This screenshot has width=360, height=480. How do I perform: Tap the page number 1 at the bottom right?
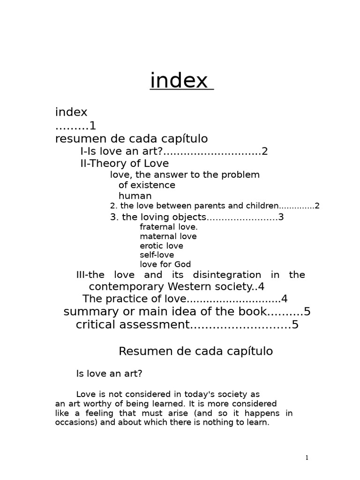[307, 458]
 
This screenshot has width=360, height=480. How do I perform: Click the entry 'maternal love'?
[168, 237]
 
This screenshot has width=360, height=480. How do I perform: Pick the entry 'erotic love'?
[161, 246]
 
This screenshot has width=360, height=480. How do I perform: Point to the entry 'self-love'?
[157, 255]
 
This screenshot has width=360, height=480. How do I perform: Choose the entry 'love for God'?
[165, 264]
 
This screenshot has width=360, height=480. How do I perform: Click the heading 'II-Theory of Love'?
[125, 164]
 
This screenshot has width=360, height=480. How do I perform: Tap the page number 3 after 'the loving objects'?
[281, 217]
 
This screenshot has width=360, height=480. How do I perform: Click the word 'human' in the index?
[135, 196]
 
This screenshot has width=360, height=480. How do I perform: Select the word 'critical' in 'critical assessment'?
[96, 325]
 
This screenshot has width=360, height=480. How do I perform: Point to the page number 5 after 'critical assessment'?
[295, 325]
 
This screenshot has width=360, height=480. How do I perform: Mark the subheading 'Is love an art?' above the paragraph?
[109, 374]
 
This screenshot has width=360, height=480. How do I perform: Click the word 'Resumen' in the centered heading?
[141, 351]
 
